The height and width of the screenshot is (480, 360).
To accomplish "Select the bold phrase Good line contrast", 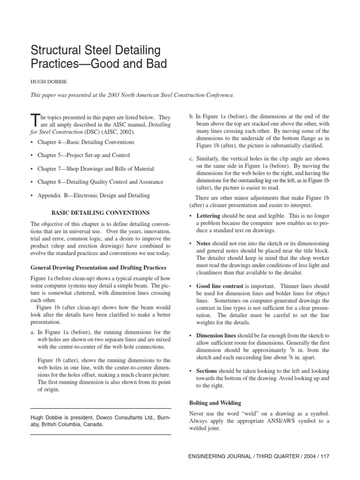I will (219, 285).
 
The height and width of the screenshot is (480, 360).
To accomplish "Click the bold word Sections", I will (207, 371).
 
